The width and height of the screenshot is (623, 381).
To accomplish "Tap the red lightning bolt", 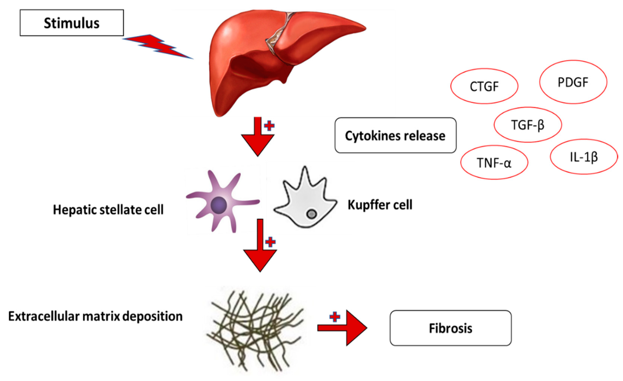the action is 158,47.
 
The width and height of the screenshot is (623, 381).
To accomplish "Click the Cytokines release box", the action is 395,135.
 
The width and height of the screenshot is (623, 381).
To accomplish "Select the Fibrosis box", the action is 451,328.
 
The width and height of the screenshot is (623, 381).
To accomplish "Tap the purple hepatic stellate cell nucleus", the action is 218,205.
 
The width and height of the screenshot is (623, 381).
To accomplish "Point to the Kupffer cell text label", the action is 380,205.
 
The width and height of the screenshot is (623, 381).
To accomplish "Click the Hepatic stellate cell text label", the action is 108,210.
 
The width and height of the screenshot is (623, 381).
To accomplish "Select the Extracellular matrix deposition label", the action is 95,316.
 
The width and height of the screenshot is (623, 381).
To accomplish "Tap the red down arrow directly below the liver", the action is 258,137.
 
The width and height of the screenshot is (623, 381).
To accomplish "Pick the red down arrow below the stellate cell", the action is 260,245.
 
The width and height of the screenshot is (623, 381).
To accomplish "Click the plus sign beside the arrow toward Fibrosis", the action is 335,317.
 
